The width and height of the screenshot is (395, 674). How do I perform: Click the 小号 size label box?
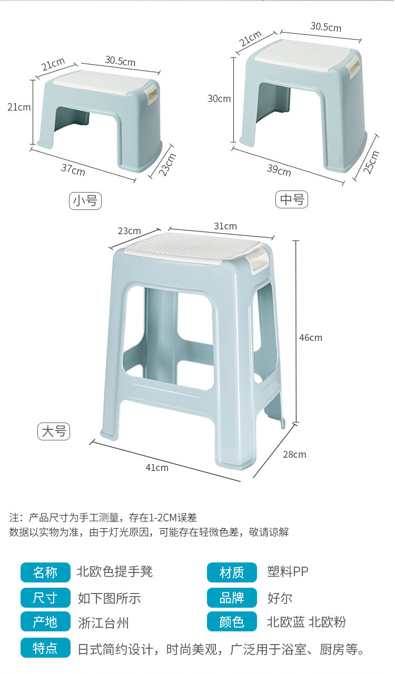click(x=85, y=200)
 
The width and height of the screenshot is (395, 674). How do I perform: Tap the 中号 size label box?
click(x=292, y=199)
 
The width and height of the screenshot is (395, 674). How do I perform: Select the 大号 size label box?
click(x=54, y=431)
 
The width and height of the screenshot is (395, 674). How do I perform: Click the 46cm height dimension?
click(x=311, y=338)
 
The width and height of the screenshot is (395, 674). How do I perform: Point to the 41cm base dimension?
click(x=157, y=467)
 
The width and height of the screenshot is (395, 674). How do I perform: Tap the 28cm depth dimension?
click(x=294, y=455)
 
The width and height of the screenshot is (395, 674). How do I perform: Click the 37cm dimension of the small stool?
click(x=73, y=169)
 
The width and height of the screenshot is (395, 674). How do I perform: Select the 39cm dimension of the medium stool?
click(x=279, y=170)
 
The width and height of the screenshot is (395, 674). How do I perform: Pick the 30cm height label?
click(x=219, y=99)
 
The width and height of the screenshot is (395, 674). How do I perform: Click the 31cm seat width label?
click(x=225, y=226)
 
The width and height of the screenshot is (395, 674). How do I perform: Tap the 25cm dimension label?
click(x=371, y=162)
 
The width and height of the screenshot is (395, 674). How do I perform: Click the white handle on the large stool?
click(x=256, y=262)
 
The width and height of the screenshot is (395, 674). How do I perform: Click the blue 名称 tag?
click(x=45, y=572)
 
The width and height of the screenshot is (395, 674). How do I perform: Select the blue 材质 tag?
click(x=232, y=572)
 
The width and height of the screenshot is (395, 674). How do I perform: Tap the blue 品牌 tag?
click(x=232, y=598)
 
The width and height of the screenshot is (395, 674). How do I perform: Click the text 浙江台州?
click(x=103, y=623)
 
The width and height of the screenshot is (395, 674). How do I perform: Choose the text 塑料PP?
click(x=288, y=572)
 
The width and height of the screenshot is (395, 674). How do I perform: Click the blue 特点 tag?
click(x=45, y=648)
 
